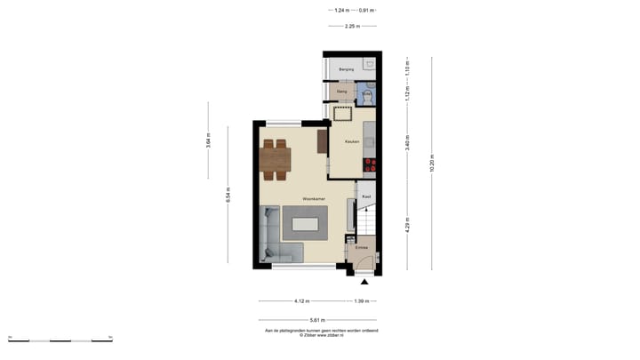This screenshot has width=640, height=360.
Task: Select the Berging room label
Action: click(347, 68)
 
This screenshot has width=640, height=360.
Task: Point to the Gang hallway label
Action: click(341, 92)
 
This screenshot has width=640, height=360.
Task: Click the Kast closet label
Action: click(365, 196)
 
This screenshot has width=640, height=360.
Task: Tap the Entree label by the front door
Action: click(362, 247)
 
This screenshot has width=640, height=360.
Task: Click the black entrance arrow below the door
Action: click(363, 283)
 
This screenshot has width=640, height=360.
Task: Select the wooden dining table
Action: click(276, 159)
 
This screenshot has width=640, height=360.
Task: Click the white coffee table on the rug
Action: click(305, 224)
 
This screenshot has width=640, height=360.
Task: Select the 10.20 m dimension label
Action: click(433, 163)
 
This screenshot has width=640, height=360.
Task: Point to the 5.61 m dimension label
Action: click(317, 320)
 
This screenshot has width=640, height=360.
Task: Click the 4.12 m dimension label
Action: click(301, 301)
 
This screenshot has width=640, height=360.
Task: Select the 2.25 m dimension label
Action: click(351, 27)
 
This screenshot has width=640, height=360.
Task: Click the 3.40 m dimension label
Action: click(407, 145)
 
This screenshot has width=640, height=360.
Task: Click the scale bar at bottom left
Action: click(60, 339)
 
